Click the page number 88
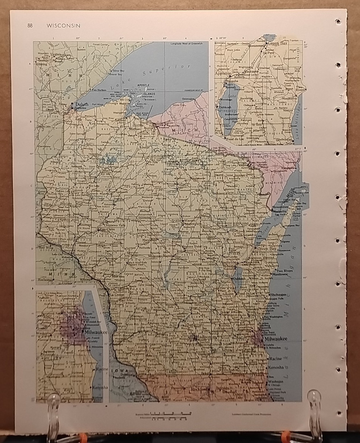[x=30, y=26]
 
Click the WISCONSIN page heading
[x=63, y=26]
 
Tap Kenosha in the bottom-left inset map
[x=100, y=387]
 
